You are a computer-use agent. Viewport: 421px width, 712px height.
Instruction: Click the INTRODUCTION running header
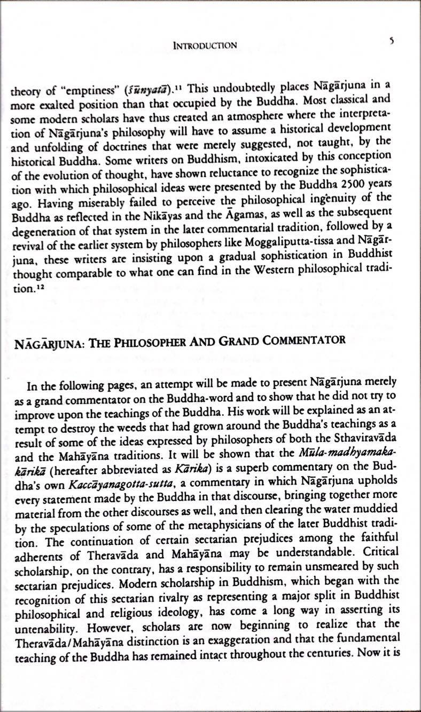[x=205, y=45]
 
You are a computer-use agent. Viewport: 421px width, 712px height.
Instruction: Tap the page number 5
[x=392, y=42]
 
